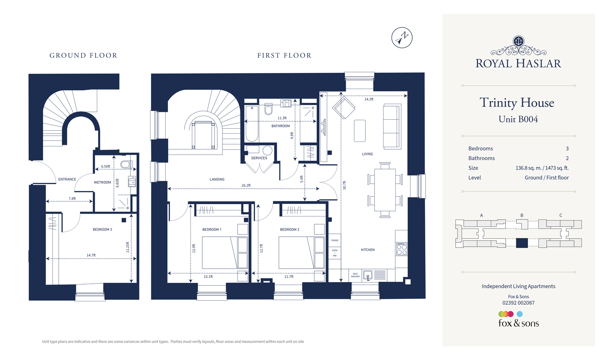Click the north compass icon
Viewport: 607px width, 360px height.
(402, 38)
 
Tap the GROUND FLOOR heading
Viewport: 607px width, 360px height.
(83, 55)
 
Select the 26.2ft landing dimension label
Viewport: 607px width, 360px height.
(246, 185)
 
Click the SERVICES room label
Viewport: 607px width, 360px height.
(259, 158)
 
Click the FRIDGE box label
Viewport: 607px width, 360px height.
(335, 240)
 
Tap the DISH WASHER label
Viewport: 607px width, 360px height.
(355, 275)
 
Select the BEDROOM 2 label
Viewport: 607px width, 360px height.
(290, 230)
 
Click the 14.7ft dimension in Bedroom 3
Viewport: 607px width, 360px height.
(91, 255)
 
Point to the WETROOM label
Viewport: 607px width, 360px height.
(103, 182)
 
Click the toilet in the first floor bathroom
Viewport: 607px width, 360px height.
(269, 109)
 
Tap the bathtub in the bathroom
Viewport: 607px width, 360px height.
(252, 123)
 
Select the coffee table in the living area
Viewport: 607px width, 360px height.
(360, 131)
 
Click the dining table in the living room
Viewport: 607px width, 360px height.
(385, 189)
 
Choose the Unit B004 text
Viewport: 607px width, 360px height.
(518, 119)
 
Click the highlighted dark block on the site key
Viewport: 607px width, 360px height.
(522, 243)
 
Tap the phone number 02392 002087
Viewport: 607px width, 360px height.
(518, 303)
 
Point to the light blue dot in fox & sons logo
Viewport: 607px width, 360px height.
(520, 314)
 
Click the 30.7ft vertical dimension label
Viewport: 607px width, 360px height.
(345, 185)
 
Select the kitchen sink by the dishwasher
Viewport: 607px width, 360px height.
(368, 275)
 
